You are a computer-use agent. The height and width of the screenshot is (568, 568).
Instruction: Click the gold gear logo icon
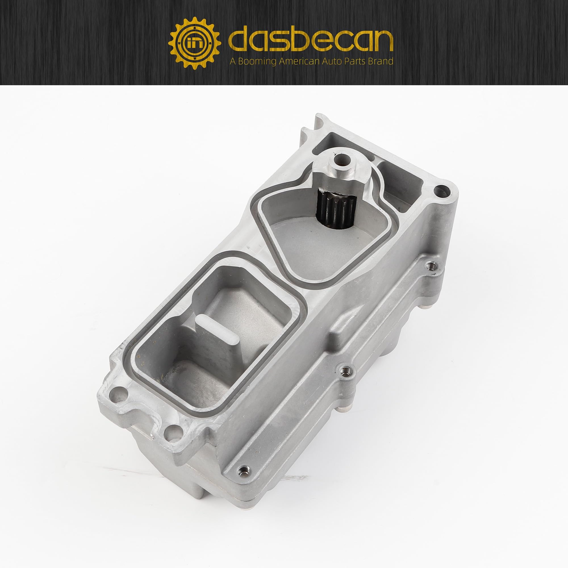[x=194, y=43]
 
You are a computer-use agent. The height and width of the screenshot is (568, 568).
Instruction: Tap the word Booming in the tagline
[x=257, y=61]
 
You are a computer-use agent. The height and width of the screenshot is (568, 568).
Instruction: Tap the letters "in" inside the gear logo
[x=194, y=43]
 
